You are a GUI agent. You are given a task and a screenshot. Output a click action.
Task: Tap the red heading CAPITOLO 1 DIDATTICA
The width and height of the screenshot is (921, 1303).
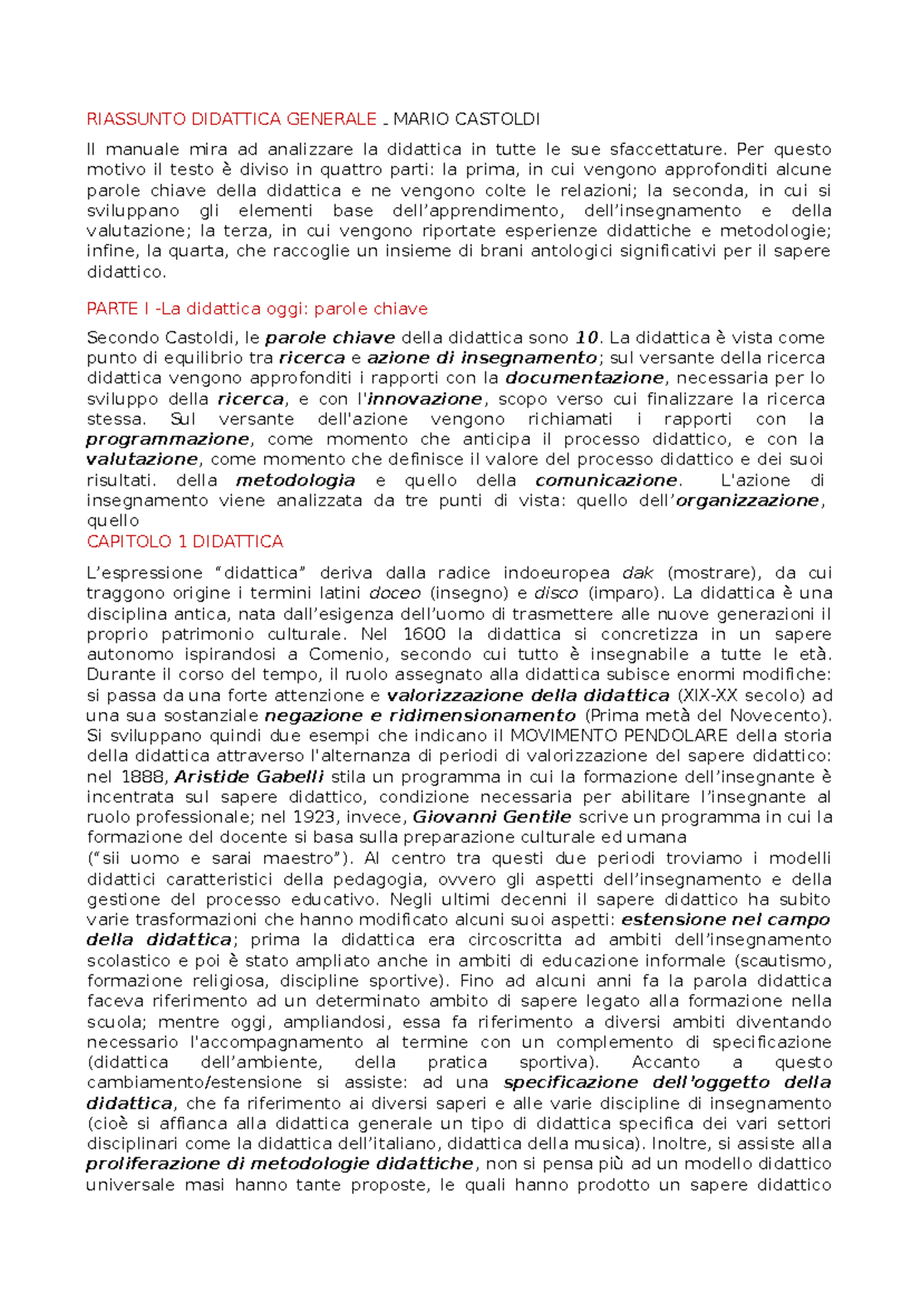185,542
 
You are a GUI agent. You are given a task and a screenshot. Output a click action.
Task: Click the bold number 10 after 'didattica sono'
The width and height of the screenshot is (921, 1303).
586,338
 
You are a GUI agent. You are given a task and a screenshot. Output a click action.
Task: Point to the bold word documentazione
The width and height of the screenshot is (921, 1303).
585,378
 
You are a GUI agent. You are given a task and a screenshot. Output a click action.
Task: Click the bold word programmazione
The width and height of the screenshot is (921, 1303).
167,439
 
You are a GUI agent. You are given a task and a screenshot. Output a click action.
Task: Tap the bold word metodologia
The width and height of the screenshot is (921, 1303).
295,480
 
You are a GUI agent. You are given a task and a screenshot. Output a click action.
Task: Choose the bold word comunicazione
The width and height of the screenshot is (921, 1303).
606,480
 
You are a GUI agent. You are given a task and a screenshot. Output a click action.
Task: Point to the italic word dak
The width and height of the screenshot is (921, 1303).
637,573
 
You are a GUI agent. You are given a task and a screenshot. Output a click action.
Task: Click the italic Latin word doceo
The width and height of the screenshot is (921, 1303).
395,593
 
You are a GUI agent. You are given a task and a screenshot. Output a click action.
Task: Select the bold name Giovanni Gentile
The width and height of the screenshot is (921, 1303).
492,817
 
